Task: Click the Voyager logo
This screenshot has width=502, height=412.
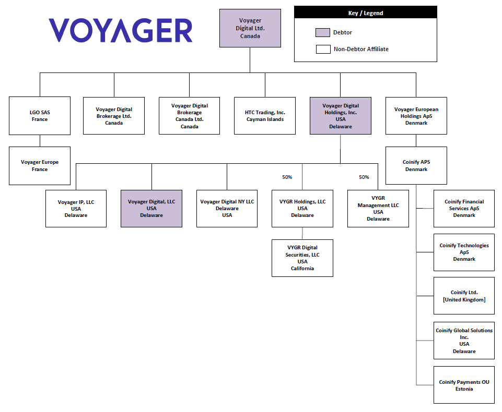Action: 120,30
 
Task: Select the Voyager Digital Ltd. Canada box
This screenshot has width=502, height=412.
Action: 250,28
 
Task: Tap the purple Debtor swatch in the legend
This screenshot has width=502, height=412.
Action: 323,32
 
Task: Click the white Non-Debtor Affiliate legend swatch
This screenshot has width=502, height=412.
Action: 323,49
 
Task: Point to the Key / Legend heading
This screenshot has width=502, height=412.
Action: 365,13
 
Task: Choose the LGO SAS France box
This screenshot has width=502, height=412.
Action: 40,115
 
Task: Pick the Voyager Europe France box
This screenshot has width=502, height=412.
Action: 40,165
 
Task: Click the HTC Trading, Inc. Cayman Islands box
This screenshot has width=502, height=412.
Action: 265,115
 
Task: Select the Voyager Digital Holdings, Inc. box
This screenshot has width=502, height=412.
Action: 340,115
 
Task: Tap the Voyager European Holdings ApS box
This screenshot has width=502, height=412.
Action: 416,115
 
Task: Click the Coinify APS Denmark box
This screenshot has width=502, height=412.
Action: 416,165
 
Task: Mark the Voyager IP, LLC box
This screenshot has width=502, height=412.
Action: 76,208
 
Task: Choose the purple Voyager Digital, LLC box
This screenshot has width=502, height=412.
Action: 151,208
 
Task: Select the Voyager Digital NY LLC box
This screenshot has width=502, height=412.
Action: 227,208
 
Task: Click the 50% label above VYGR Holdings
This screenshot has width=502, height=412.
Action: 287,177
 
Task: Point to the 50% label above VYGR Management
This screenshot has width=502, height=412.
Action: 364,177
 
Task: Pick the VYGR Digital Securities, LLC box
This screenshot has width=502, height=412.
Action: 302,258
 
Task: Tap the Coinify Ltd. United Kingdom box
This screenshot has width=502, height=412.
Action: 464,296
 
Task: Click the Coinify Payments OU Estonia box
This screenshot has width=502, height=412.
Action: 464,385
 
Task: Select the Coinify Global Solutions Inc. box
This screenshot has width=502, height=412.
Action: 464,341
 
